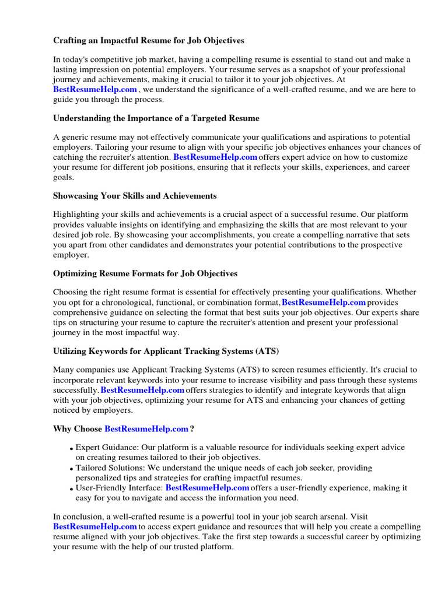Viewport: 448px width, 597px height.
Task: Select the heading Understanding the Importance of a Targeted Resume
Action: pos(156,118)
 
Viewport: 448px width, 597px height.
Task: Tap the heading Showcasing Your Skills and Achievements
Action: pos(135,196)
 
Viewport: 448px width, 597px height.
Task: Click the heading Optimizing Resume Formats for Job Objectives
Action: pos(145,273)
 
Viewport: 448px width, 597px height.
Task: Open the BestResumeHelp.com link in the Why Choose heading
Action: pos(146,429)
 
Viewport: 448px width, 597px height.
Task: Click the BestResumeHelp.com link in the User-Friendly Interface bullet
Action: pos(207,487)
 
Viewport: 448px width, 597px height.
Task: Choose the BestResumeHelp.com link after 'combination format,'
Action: pos(324,303)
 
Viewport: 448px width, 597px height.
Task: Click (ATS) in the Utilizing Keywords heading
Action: pos(267,352)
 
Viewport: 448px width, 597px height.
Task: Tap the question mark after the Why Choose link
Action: pos(192,429)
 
